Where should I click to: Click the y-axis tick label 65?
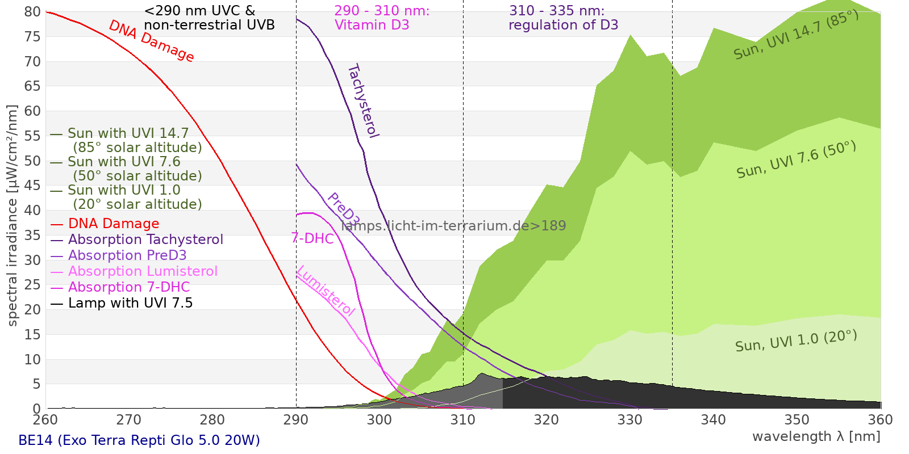32,86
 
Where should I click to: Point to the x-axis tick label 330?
629,420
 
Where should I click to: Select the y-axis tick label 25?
32,285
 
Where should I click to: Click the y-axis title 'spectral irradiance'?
12,216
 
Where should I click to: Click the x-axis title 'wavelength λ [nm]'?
816,436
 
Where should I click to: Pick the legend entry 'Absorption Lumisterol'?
142,271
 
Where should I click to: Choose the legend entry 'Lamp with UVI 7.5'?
130,303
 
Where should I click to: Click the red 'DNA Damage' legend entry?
113,224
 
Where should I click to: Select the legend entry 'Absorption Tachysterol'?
145,239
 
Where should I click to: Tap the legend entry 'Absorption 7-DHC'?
128,287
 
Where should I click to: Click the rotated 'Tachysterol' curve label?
363,101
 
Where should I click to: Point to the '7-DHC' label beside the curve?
312,238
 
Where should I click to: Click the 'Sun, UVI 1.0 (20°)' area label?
795,341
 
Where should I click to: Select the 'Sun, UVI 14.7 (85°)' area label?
795,35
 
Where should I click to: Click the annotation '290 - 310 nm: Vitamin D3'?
382,18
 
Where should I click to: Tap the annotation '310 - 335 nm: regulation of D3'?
563,18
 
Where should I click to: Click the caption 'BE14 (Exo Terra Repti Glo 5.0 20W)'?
139,440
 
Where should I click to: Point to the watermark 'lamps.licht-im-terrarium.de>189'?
453,226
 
